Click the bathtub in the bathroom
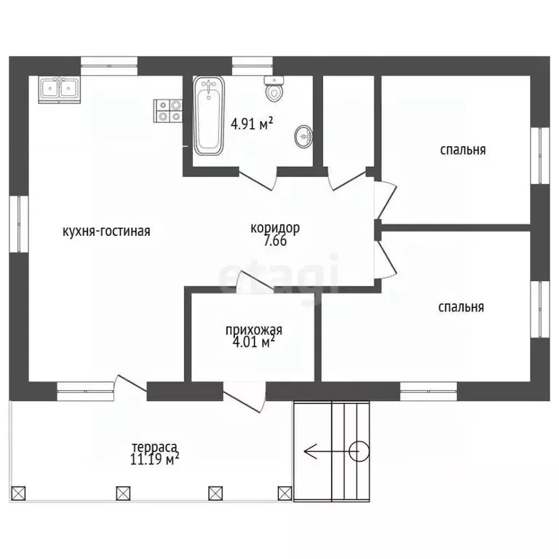(x=209, y=116)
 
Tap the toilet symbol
(x=274, y=90)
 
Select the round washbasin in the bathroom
(x=304, y=136)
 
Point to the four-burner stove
(x=168, y=111)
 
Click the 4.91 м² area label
(x=252, y=124)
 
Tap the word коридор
(x=275, y=228)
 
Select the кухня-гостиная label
(x=106, y=231)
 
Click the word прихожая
(x=254, y=330)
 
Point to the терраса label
(x=154, y=447)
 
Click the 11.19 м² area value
(x=154, y=459)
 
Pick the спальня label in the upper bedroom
(x=463, y=150)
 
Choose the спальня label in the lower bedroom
(x=461, y=307)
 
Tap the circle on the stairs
(x=359, y=452)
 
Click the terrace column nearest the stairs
(x=285, y=493)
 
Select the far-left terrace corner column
(x=18, y=493)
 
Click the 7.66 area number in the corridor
(x=275, y=241)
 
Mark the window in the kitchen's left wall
(x=18, y=224)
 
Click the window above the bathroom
(x=253, y=66)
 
